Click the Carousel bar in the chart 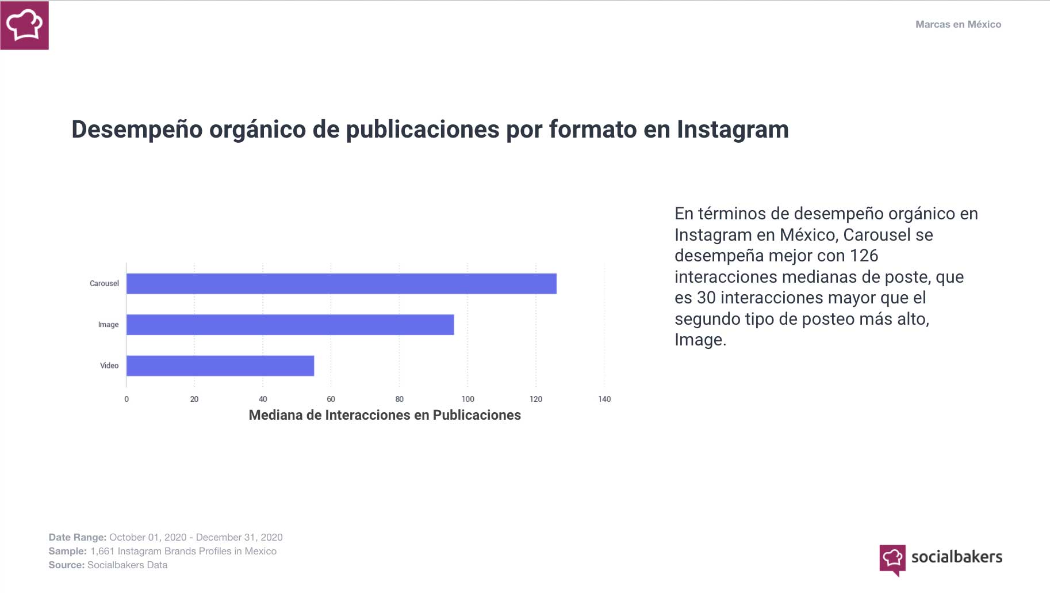point(341,284)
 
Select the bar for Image point(290,325)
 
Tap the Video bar point(220,366)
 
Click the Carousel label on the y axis point(104,284)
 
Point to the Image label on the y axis point(108,325)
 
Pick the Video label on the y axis point(109,366)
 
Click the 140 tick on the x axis point(604,399)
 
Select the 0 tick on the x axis point(127,399)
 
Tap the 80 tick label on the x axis point(399,399)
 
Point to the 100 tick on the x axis point(467,399)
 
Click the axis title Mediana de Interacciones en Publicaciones point(385,415)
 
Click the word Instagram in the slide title point(733,130)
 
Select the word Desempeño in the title point(137,130)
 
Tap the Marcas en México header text point(958,24)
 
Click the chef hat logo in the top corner point(24,25)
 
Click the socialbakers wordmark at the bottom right point(956,557)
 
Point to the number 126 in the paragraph point(864,256)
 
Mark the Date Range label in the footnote point(77,537)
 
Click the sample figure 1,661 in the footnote point(102,551)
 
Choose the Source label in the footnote point(66,565)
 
